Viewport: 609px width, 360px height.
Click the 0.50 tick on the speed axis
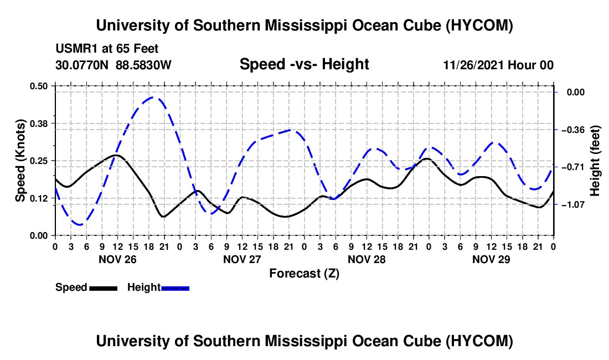click(38, 86)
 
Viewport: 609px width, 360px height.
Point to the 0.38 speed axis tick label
click(38, 124)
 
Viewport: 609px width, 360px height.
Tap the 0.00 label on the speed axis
click(38, 236)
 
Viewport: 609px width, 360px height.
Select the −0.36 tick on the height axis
click(573, 130)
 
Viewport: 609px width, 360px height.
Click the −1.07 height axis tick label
click(573, 204)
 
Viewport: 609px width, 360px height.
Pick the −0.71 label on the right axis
click(573, 167)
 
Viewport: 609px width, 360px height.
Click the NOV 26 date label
click(118, 259)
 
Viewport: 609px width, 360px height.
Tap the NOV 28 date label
click(367, 259)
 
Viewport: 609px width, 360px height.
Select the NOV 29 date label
click(491, 259)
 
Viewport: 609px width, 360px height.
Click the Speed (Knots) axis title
click(20, 161)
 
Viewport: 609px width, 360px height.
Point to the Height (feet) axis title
click(595, 161)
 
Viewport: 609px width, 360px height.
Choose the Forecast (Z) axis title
click(304, 274)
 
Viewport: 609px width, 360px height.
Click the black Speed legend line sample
click(104, 288)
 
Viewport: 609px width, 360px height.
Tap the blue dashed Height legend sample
click(175, 288)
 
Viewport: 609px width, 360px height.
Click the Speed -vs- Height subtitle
click(304, 64)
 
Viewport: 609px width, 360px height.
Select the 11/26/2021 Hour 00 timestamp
click(498, 65)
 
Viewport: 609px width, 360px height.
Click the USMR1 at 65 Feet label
click(107, 49)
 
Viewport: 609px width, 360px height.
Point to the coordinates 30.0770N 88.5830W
click(113, 65)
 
